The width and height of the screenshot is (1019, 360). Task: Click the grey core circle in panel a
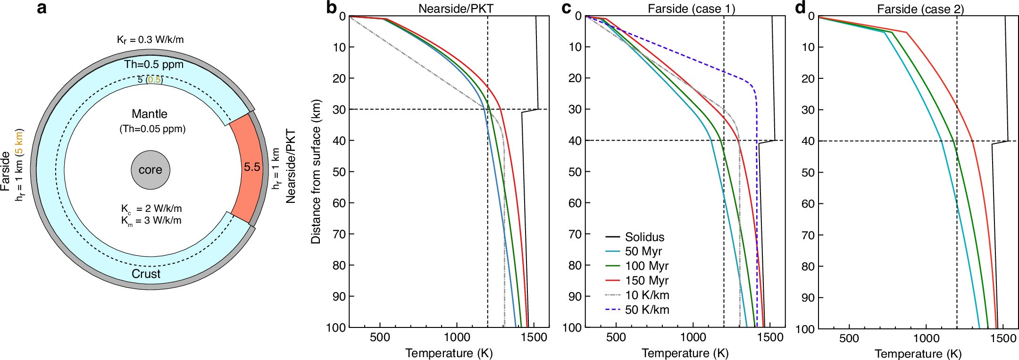[150, 170]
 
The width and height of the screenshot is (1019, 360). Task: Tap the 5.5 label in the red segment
[252, 167]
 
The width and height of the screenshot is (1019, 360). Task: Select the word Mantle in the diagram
[150, 114]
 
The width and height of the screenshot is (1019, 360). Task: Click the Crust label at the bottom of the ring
[146, 274]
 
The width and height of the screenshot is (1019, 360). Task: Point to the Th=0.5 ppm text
[154, 65]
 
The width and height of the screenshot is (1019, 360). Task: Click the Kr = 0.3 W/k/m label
[150, 40]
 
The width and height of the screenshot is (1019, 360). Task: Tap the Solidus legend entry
[644, 237]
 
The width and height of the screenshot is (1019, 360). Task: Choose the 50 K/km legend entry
[647, 310]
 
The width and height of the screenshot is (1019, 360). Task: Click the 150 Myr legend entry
[647, 281]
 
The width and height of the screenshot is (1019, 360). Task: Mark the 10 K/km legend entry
[647, 295]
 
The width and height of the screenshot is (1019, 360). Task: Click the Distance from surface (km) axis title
[316, 171]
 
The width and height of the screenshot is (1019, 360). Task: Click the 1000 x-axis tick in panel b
[457, 338]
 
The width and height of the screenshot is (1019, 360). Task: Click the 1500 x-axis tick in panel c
[770, 338]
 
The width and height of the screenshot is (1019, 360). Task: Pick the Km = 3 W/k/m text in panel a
[151, 221]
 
